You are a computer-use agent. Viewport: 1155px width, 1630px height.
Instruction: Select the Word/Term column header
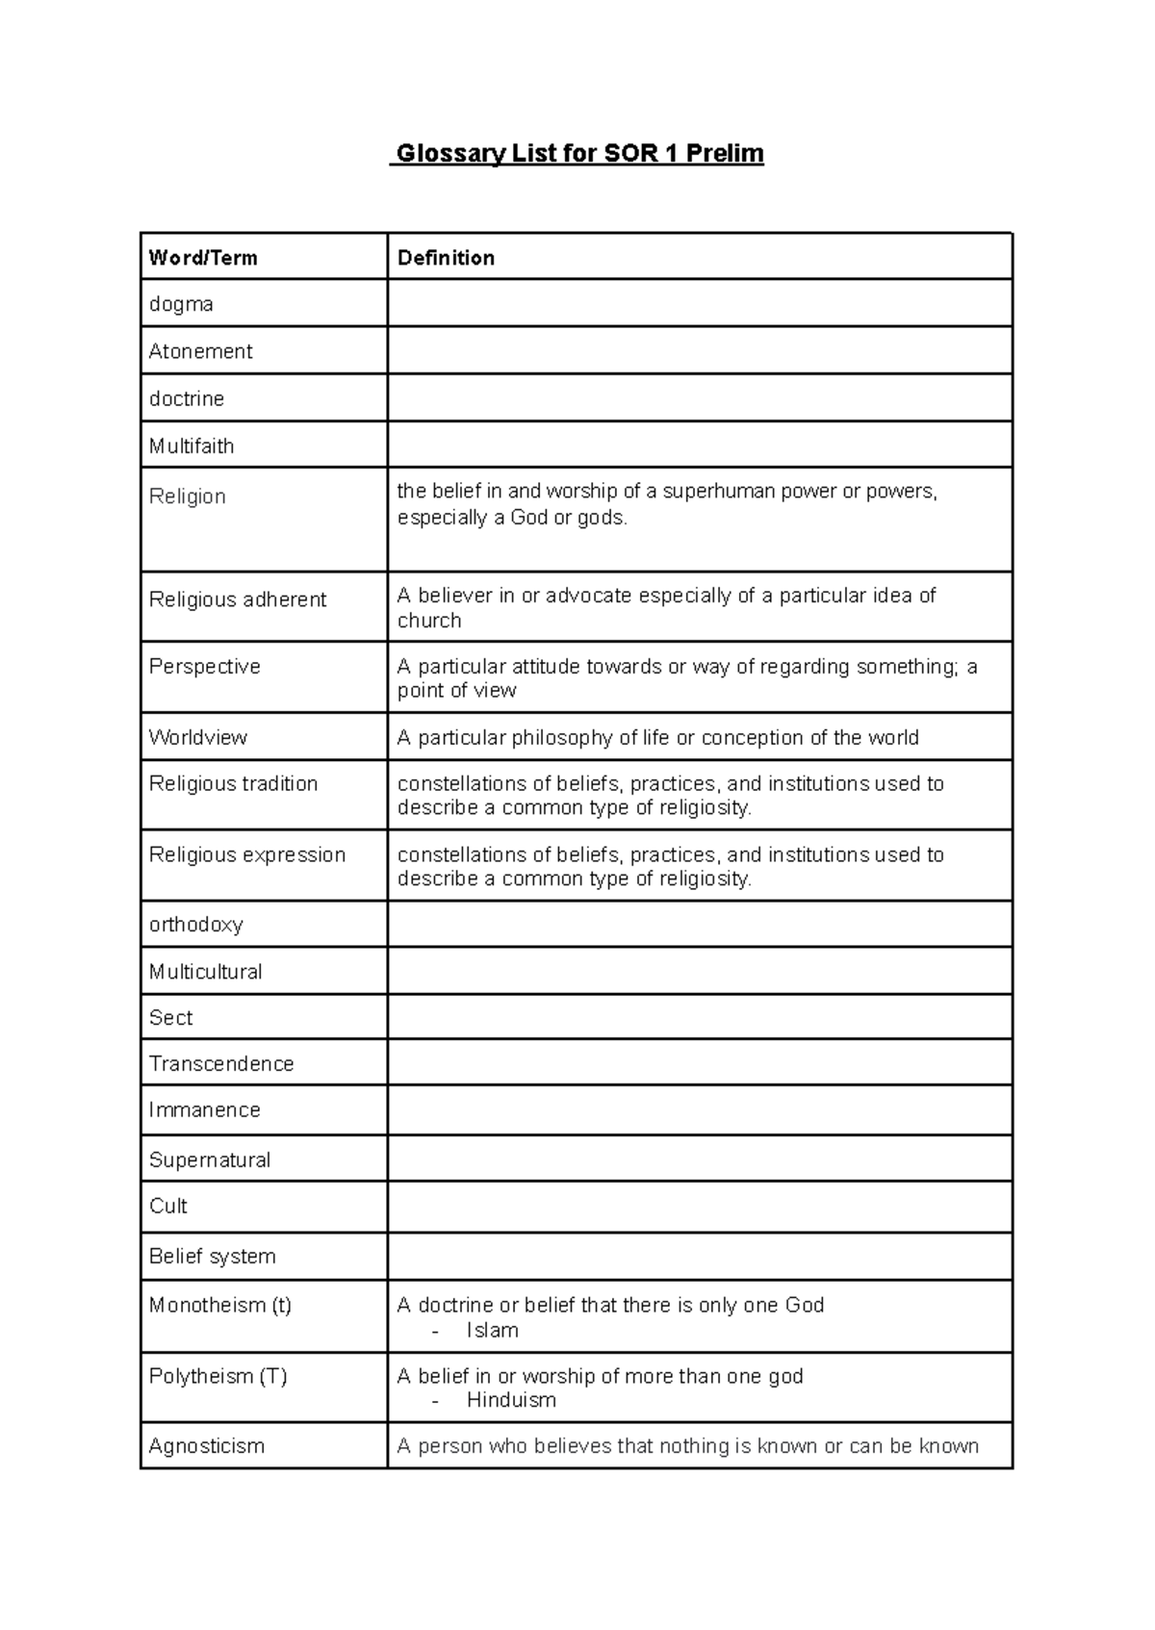203,258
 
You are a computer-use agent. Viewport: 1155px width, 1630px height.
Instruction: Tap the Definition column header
446,258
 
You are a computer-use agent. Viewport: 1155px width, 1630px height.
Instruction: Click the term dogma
181,304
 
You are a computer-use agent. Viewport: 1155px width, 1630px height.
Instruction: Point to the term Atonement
200,351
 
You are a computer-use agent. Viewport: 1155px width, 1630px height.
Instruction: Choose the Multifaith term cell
192,446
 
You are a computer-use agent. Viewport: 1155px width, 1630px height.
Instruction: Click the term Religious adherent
238,599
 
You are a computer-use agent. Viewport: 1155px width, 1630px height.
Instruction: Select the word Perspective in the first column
204,667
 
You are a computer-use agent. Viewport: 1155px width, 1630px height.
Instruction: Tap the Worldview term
197,737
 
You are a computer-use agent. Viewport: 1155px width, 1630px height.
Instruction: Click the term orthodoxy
195,925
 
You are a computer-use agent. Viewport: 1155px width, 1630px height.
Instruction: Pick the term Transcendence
221,1063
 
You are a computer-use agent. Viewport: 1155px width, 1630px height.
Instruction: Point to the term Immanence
204,1109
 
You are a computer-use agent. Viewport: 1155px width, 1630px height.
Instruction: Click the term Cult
168,1206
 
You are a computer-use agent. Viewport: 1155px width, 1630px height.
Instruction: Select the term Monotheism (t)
220,1305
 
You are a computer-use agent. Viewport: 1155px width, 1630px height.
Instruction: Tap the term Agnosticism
207,1445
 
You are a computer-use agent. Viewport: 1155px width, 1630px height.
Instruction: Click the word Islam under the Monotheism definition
492,1330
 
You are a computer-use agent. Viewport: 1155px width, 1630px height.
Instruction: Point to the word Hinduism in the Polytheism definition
511,1400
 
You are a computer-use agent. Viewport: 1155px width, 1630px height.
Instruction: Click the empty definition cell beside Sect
699,1017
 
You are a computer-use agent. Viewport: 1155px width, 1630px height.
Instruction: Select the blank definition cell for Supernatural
699,1159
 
